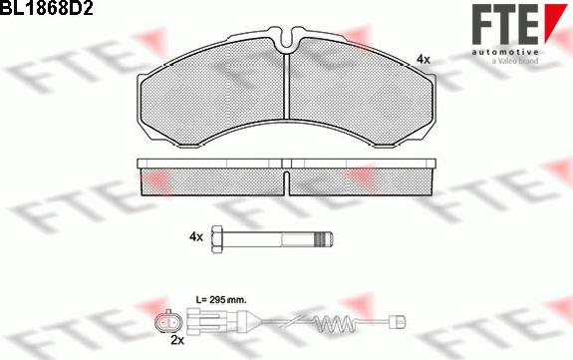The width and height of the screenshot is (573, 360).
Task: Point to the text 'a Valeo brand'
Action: pos(515,61)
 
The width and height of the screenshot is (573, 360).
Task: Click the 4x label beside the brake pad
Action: pos(424,60)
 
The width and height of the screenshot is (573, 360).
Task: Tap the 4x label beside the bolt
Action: pos(195,236)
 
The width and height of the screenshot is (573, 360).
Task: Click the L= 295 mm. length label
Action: pos(218,299)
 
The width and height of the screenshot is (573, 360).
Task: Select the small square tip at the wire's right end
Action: pos(404,321)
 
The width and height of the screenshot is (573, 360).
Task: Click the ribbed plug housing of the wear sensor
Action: pos(215,321)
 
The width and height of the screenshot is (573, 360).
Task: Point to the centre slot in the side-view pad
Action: pos(286,180)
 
